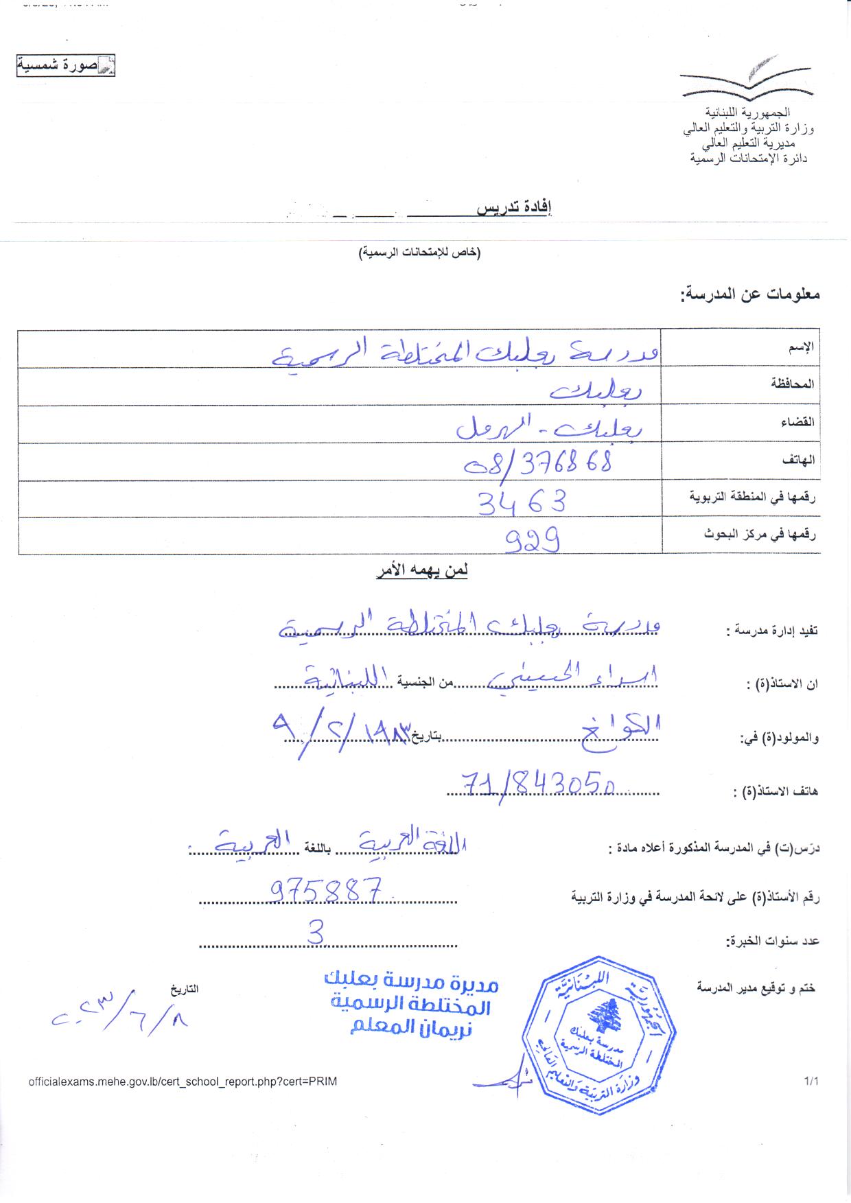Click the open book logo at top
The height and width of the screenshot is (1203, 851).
pos(747,77)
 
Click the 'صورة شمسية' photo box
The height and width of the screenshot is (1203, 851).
pos(66,67)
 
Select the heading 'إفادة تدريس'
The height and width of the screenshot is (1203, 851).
pos(515,208)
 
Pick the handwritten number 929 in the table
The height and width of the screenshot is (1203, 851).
pos(533,540)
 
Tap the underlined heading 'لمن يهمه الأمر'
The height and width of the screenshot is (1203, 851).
pos(421,570)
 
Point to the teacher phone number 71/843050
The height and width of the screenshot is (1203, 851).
pos(539,782)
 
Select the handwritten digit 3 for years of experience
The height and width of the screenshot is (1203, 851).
pos(316,933)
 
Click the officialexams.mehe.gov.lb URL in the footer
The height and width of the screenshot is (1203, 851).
pos(183,1082)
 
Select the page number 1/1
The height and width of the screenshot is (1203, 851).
pos(812,1082)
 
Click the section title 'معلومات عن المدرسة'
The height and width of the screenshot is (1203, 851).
pos(750,294)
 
